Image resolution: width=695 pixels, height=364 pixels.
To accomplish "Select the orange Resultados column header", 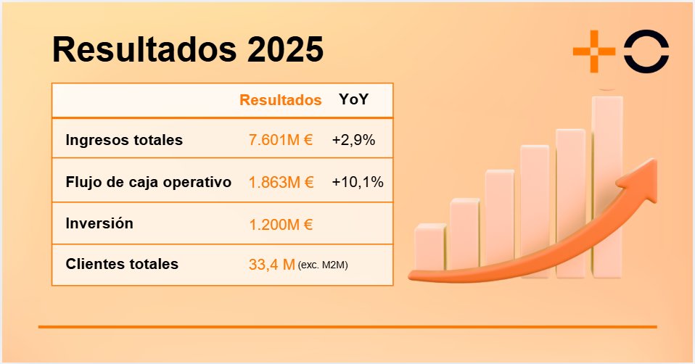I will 280,100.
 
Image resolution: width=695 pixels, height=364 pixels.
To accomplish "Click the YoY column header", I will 353,100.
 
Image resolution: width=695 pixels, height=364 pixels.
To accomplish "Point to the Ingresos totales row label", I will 123,140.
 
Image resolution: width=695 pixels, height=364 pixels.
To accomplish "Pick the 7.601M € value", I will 280,140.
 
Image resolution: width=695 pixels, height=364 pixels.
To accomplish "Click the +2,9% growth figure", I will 353,140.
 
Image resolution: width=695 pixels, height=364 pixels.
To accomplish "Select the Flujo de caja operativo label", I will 148,182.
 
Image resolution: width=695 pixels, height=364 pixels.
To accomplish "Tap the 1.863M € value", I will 280,182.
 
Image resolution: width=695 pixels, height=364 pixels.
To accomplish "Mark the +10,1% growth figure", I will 357,182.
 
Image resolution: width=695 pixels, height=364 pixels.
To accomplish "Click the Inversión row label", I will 99,223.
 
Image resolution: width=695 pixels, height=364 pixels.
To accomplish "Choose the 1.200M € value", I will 280,224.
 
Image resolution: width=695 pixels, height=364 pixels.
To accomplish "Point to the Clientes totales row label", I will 121,265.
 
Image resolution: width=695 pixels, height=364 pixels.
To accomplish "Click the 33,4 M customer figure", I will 271,265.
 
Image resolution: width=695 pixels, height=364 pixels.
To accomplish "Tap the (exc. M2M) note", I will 323,266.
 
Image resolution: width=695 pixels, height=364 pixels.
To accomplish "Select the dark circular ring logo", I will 647,51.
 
